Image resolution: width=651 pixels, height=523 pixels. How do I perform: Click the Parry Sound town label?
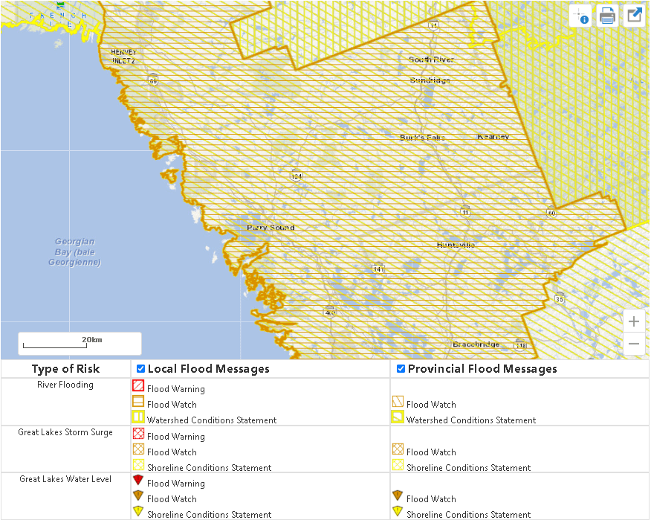(271, 228)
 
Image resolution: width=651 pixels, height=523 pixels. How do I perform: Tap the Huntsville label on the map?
(456, 245)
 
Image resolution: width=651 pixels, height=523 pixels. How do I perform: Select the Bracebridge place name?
(476, 344)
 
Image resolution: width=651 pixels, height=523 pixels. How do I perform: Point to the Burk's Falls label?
(422, 138)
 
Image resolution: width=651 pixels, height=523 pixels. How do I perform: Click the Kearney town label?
(493, 137)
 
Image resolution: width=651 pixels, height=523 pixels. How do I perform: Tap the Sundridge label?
(430, 80)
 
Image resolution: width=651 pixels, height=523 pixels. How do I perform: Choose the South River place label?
(431, 60)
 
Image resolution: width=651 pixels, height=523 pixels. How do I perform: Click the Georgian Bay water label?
(74, 251)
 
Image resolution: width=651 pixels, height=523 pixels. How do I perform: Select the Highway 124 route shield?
(297, 176)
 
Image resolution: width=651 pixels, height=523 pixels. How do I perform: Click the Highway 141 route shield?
(378, 268)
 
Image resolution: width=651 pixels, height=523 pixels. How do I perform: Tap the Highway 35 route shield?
(559, 299)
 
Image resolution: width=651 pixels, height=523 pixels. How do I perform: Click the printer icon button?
(607, 16)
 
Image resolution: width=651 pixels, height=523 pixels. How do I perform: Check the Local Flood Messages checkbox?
(140, 369)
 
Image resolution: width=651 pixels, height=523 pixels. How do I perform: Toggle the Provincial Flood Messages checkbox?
(401, 369)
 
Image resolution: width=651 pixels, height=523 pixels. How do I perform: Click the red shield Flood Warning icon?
(137, 480)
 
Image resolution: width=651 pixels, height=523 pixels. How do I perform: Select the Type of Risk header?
(65, 369)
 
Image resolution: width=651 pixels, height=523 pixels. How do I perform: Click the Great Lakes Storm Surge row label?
(65, 432)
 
